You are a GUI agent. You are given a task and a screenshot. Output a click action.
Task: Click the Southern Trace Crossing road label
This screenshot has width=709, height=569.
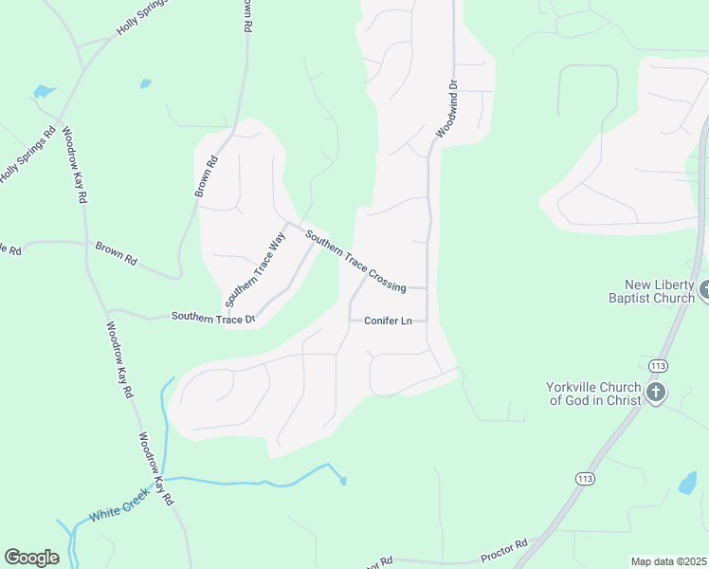[355, 259]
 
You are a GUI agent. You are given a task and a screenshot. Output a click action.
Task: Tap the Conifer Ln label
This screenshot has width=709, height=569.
[388, 321]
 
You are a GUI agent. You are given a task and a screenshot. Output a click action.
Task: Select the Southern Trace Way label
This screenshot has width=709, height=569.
[255, 271]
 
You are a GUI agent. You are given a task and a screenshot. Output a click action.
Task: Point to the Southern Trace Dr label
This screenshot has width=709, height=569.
[213, 318]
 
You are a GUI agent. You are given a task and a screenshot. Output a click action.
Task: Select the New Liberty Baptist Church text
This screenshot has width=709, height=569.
[660, 291]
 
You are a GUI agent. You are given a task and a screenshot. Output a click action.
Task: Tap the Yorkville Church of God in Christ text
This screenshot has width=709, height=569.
[594, 393]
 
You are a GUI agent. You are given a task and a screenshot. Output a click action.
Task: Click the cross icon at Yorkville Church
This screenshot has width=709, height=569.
[655, 393]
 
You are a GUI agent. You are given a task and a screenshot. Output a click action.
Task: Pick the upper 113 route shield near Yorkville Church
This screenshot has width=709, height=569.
[657, 365]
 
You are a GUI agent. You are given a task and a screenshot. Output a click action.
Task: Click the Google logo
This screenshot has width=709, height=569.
[31, 557]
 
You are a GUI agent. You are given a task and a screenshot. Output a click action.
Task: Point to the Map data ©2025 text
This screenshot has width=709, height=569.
[667, 561]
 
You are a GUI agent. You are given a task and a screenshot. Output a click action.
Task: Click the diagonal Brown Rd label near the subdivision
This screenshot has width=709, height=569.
[207, 176]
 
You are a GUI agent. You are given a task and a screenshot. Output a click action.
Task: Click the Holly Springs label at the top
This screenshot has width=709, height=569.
[141, 19]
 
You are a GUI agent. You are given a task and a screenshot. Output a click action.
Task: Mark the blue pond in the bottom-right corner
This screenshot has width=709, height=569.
[687, 484]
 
